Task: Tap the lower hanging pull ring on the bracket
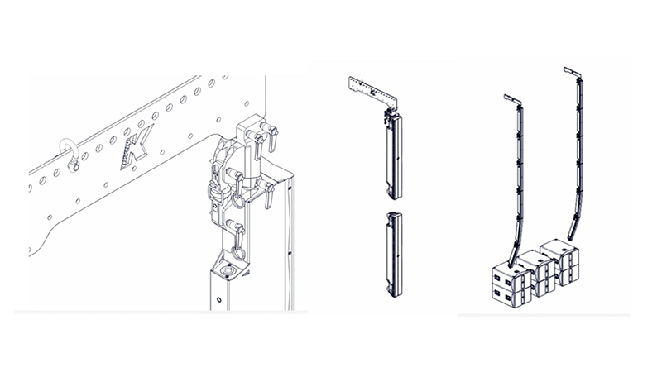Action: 238,252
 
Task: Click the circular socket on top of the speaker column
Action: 229,269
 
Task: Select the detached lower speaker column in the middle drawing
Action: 395,255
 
